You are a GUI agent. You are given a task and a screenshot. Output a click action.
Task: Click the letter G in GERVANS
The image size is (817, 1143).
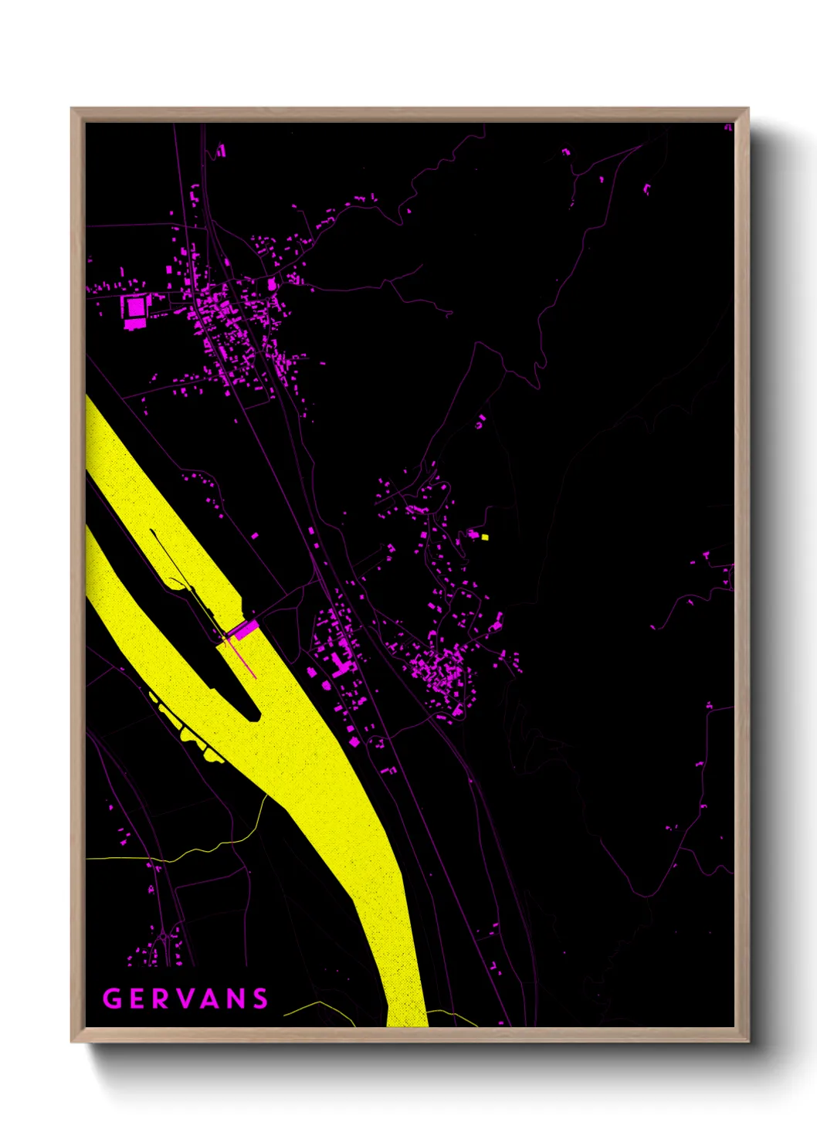coord(113,999)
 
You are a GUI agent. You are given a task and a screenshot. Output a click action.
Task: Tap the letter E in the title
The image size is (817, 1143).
coord(138,999)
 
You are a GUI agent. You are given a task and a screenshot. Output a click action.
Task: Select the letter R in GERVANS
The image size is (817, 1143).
coord(163,999)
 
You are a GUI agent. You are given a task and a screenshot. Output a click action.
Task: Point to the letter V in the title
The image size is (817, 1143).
coord(187,999)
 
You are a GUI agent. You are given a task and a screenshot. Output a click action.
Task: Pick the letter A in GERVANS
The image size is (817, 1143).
coord(212,999)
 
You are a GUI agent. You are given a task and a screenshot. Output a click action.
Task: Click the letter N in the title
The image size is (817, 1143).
coord(237,999)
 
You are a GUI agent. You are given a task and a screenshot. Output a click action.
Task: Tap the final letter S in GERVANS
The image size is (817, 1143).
coord(261,999)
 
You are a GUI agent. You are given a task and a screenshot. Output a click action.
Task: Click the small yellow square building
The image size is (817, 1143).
coord(484,537)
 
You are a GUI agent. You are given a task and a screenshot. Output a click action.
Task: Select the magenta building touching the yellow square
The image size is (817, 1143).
coord(474,534)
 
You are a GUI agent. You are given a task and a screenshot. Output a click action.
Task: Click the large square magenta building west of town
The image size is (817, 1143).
coord(136,307)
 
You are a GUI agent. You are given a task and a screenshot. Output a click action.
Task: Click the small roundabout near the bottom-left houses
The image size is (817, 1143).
coord(164,939)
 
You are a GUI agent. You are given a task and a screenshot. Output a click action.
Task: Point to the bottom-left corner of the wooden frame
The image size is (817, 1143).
coord(73,1040)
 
